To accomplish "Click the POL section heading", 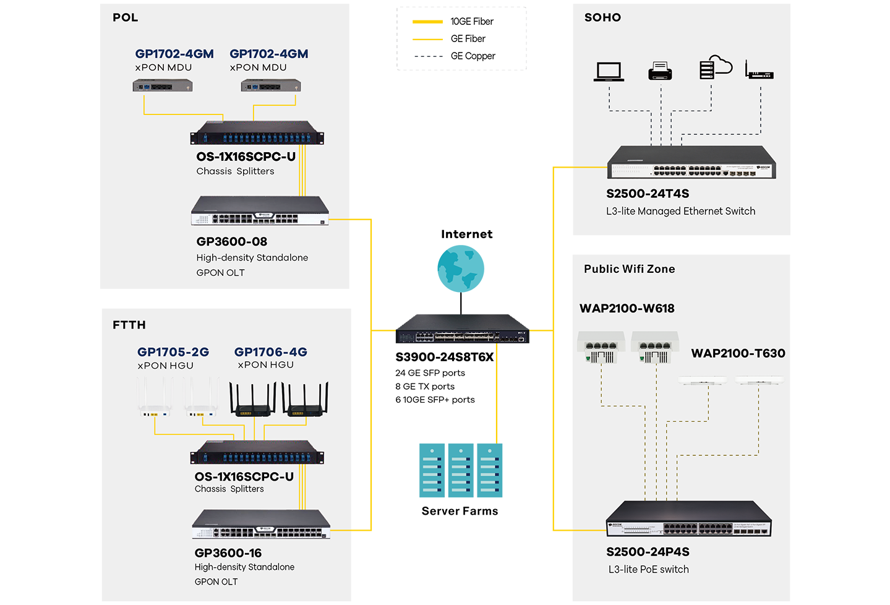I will tap(125, 17).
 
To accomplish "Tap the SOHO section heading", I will tap(602, 17).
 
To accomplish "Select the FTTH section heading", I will tap(129, 325).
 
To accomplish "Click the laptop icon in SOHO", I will tap(609, 71).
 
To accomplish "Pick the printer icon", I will tap(660, 71).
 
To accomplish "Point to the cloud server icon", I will tap(715, 67).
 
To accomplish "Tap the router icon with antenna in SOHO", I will tap(759, 71).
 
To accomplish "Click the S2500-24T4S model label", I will tap(648, 194).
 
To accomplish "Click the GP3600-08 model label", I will tap(232, 242).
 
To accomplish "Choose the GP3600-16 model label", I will tap(228, 553).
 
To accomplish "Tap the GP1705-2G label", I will tap(173, 352).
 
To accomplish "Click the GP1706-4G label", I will tap(271, 352).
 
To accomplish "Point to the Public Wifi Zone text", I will tap(630, 269).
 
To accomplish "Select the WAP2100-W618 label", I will tap(627, 309).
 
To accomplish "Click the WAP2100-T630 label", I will tap(738, 353).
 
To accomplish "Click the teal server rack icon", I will tap(461, 470).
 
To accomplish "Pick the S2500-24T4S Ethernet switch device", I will tap(691, 163).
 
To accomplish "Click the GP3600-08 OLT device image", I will tap(260, 211).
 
